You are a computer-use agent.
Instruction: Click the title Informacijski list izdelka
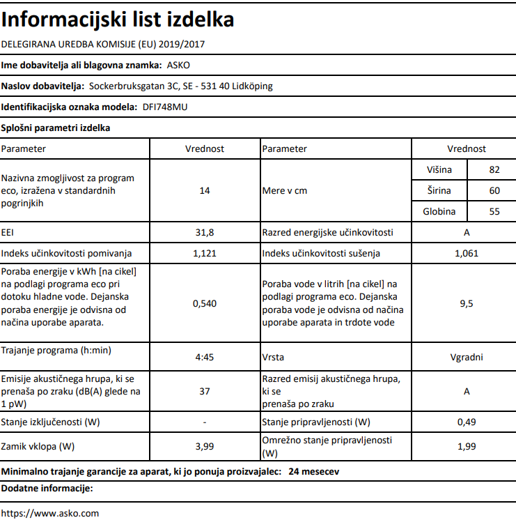click(x=118, y=20)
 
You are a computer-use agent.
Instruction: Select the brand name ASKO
click(x=179, y=65)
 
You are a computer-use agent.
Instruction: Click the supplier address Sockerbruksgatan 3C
click(x=130, y=86)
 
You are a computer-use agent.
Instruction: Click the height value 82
click(x=494, y=170)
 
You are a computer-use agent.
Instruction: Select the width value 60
click(x=494, y=191)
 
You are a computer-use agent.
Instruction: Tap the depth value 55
click(x=494, y=212)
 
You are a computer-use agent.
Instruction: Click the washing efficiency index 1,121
click(x=204, y=253)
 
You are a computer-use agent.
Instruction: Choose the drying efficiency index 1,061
click(x=466, y=253)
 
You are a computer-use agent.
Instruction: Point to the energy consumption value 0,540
click(x=204, y=303)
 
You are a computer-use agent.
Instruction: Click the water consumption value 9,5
click(x=466, y=303)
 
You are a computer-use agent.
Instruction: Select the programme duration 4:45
click(x=204, y=357)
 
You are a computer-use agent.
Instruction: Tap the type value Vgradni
click(x=466, y=357)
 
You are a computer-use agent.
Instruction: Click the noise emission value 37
click(x=204, y=391)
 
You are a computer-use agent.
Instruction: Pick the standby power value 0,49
click(x=466, y=422)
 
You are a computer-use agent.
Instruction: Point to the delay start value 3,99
click(x=204, y=446)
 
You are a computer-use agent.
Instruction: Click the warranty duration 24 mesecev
click(x=313, y=472)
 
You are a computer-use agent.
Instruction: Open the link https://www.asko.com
click(x=50, y=513)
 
